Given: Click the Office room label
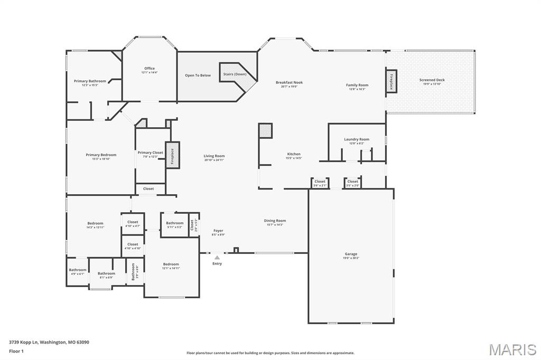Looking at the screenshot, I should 150,68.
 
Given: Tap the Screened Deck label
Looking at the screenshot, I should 432,80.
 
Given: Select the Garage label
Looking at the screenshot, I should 351,254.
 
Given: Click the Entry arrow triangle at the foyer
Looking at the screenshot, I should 217,258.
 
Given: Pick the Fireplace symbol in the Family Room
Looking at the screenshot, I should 391,81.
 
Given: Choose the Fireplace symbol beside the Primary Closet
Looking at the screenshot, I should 173,155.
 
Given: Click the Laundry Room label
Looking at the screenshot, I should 357,139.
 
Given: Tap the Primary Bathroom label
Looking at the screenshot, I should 90,81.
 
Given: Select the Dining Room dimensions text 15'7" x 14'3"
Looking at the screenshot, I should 275,225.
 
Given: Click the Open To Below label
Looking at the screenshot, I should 198,75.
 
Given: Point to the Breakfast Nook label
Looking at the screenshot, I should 289,82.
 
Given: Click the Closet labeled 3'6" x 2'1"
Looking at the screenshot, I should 320,182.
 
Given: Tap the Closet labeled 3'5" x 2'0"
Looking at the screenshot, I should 352,182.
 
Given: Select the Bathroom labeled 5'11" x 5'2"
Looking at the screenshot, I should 175,223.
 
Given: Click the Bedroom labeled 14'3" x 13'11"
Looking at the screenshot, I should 96,223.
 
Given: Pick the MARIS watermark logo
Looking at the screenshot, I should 512,349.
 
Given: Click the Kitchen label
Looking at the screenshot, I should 293,154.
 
